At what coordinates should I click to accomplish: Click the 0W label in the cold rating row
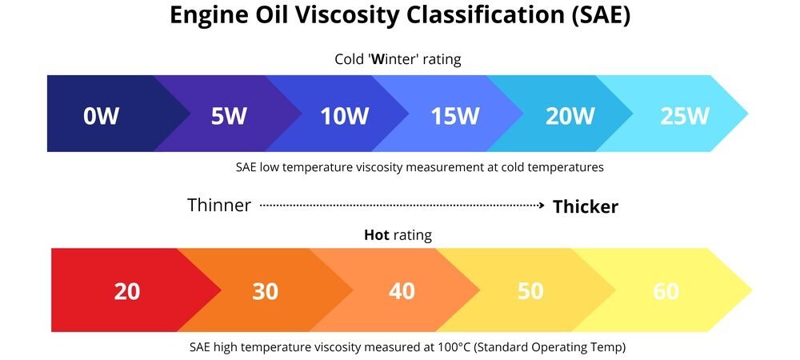[x=102, y=116]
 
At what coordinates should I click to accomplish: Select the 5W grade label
[x=229, y=116]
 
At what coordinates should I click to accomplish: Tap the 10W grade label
[x=344, y=116]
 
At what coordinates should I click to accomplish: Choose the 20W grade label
[x=570, y=116]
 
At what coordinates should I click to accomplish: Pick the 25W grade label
[x=685, y=116]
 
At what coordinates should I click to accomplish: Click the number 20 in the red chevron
[x=127, y=291]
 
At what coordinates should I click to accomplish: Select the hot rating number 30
[x=265, y=291]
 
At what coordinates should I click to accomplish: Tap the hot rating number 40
[x=402, y=291]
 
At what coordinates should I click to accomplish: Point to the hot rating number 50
[x=530, y=291]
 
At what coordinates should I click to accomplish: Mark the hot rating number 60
[x=666, y=291]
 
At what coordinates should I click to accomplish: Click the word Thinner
[x=219, y=206]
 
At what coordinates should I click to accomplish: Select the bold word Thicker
[x=586, y=206]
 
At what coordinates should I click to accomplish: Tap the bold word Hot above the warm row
[x=377, y=235]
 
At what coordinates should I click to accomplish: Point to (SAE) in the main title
[x=598, y=18]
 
